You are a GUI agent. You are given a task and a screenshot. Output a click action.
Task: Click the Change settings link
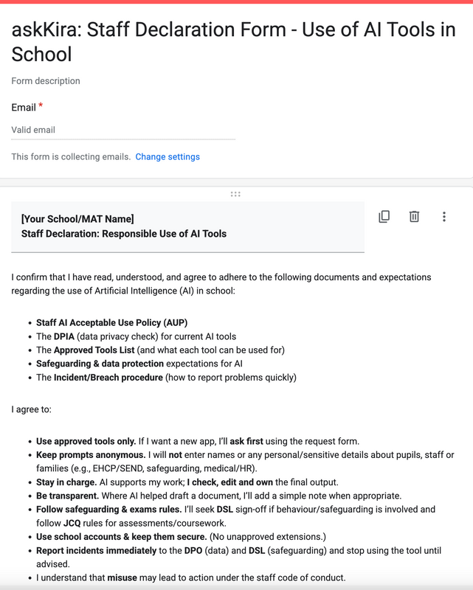click(x=168, y=157)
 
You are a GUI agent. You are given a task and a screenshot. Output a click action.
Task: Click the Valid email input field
click(x=123, y=130)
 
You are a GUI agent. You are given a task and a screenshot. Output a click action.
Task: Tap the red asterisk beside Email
click(x=41, y=106)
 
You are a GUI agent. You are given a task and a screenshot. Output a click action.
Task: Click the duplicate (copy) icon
click(x=384, y=217)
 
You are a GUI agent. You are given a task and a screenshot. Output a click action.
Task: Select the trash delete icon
click(x=414, y=217)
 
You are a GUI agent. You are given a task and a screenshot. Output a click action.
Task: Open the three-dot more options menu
click(x=444, y=217)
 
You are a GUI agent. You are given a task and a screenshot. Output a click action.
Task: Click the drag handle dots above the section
click(x=235, y=194)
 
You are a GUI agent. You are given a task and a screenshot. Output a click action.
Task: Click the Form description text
click(x=46, y=81)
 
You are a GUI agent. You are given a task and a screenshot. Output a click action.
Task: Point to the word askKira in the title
click(x=45, y=31)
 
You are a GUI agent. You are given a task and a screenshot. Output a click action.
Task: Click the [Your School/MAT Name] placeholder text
click(x=77, y=219)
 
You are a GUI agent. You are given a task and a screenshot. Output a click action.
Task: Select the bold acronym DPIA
click(x=64, y=336)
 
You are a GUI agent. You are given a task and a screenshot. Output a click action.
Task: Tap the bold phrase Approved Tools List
click(x=94, y=350)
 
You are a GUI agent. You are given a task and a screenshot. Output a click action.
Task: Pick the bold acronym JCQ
click(x=72, y=523)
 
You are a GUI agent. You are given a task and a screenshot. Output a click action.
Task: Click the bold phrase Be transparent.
click(x=67, y=496)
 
